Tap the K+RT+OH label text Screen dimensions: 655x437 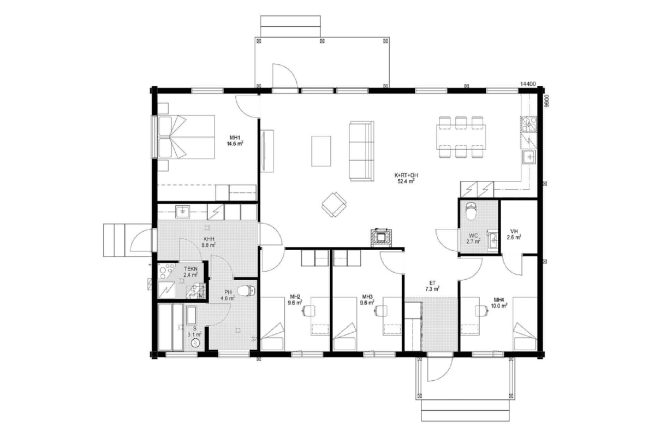406,175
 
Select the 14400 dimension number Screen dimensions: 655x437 528,84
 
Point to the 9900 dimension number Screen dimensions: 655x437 546,101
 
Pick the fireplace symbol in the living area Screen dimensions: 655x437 382,238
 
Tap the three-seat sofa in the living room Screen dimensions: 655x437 361,151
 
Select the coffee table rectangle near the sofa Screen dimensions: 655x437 321,151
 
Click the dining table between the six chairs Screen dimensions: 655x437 461,137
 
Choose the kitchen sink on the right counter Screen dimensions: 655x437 529,157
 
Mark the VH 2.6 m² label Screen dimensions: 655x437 514,234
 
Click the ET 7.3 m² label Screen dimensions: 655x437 432,286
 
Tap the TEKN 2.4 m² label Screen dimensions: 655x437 190,271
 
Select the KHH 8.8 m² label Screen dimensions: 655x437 208,242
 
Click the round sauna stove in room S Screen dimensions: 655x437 195,343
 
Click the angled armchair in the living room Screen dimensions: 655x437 334,205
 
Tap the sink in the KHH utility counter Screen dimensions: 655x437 183,212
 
